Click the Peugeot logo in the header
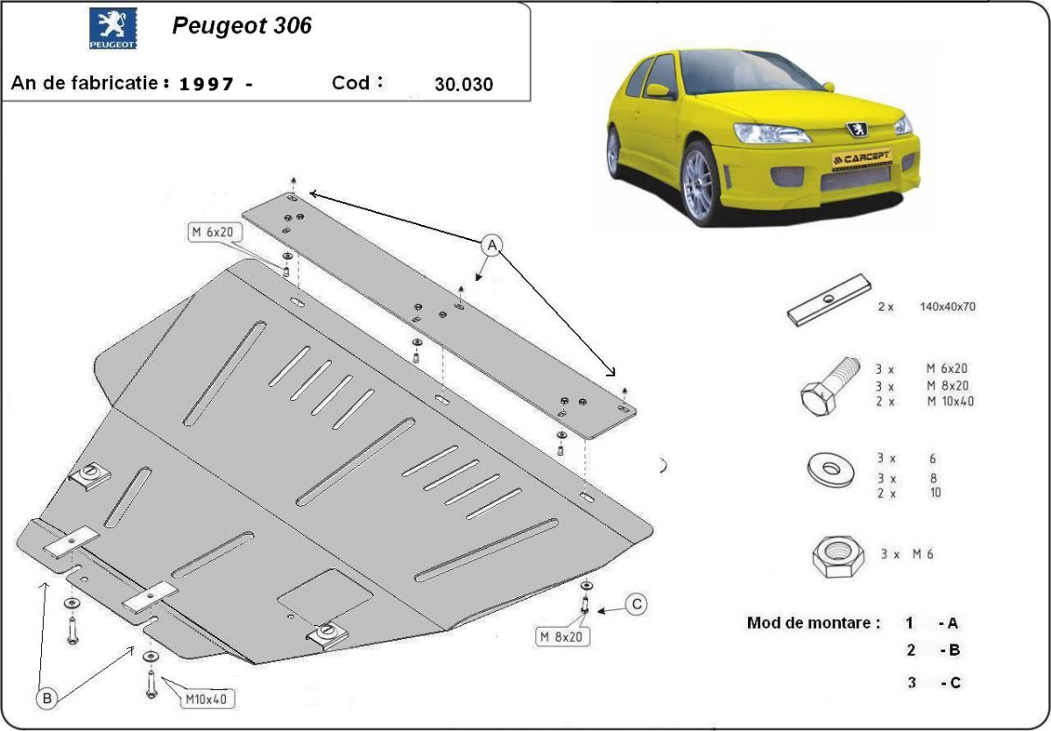(113, 30)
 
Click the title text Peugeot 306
(241, 26)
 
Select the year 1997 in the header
(207, 85)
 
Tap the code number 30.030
(463, 85)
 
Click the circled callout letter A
(491, 245)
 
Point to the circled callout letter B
(46, 698)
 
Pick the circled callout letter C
(637, 603)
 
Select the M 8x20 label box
(561, 636)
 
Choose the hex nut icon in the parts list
(836, 554)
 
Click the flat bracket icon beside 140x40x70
(829, 300)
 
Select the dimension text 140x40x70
(947, 307)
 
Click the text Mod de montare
(813, 623)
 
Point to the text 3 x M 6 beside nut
(906, 554)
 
